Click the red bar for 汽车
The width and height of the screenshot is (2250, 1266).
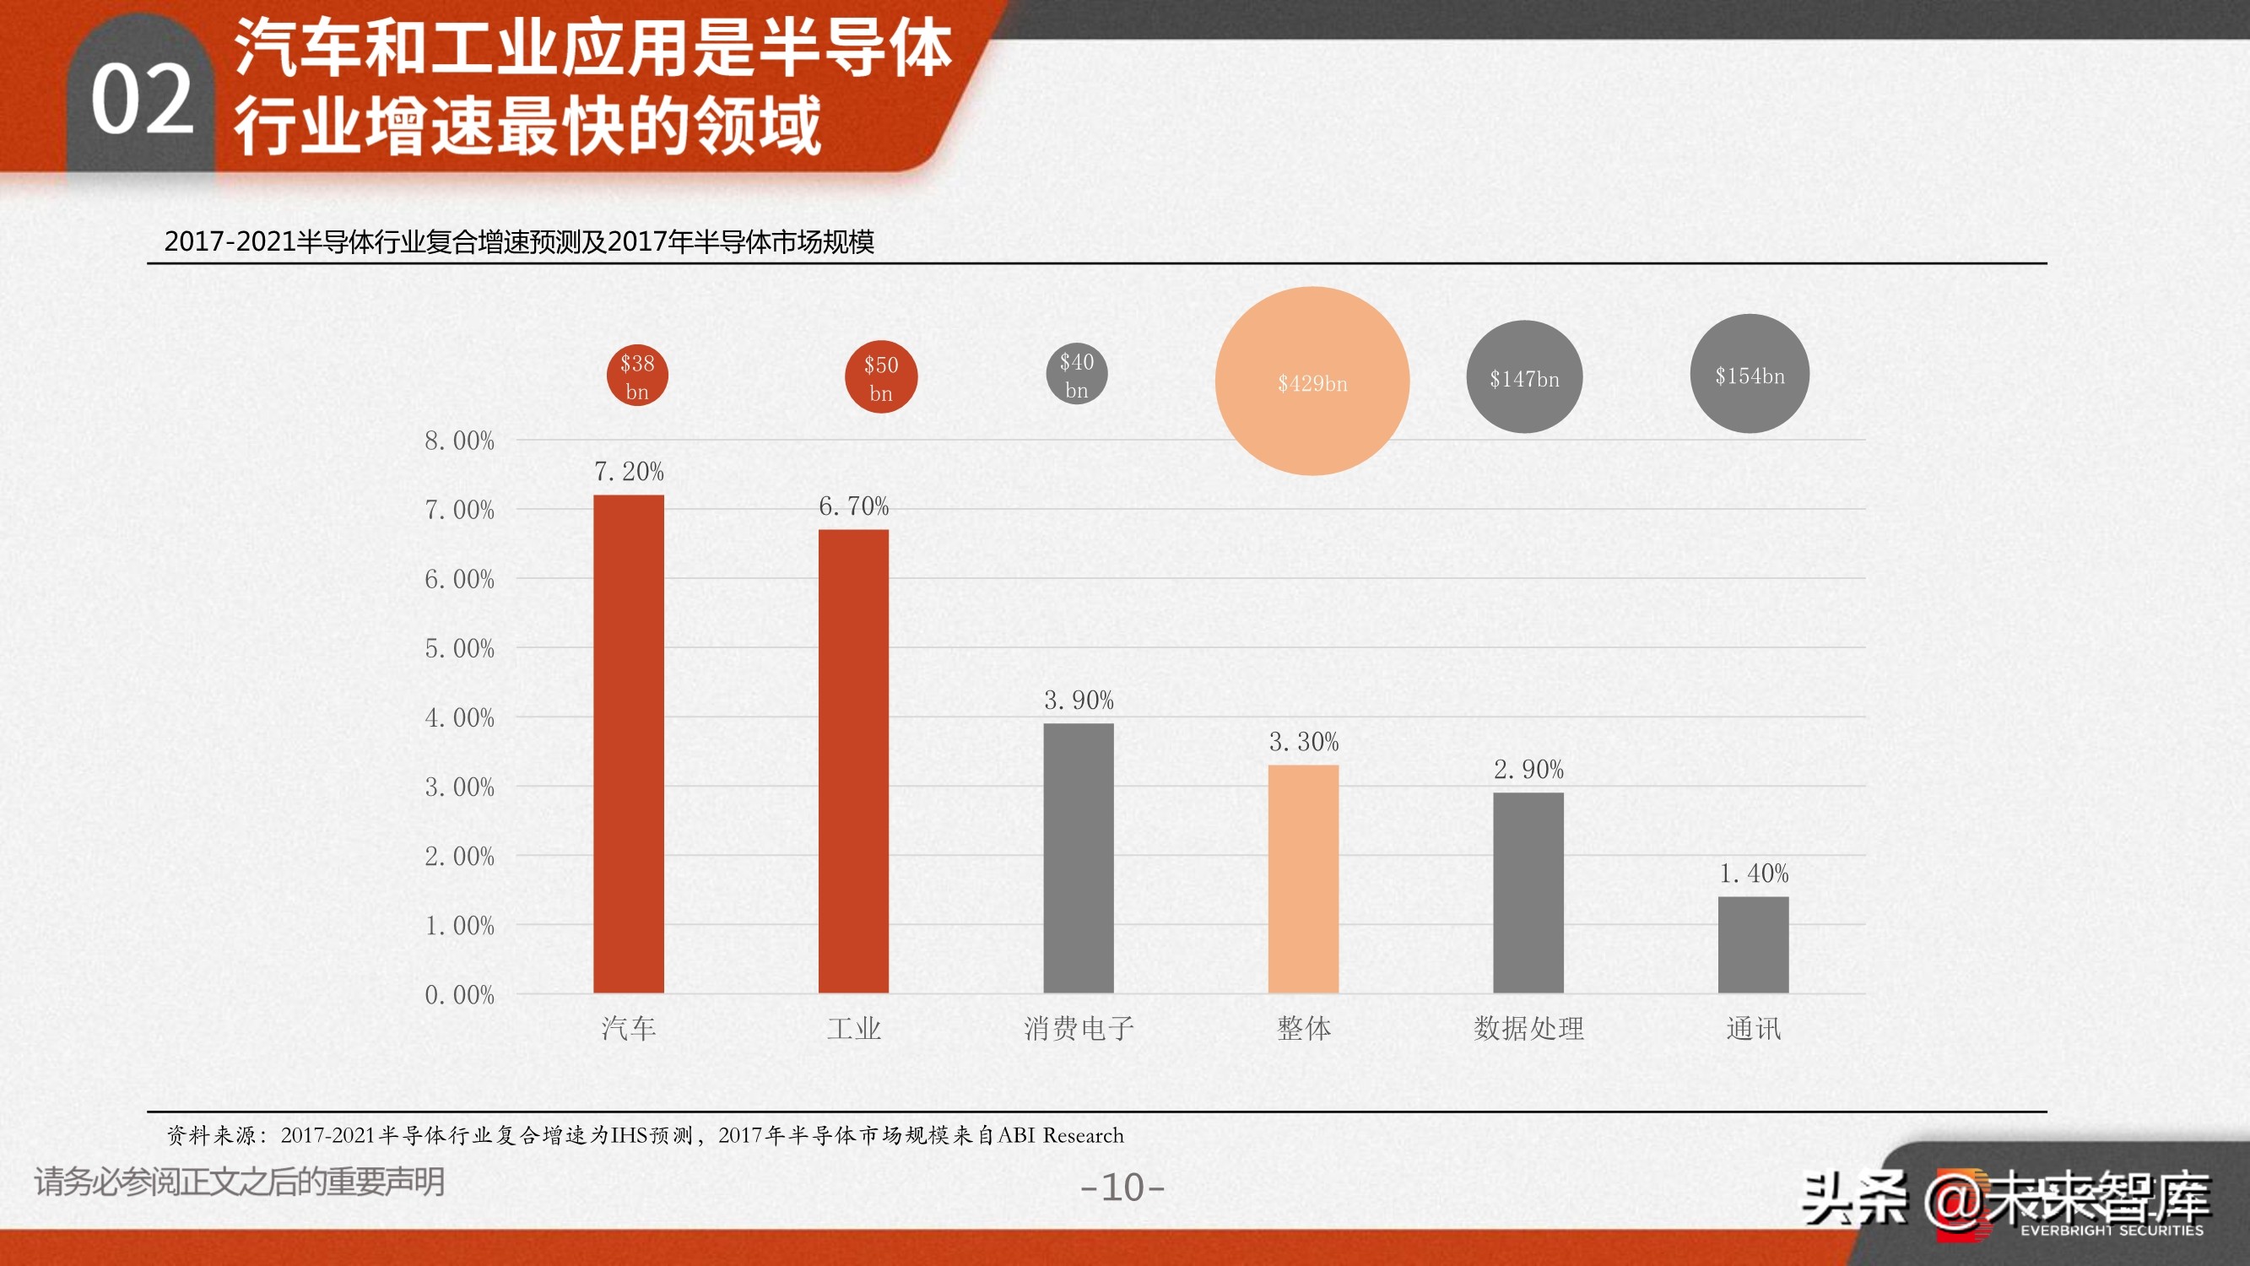coord(629,744)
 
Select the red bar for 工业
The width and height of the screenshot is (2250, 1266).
coord(853,761)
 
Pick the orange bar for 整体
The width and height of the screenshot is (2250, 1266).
coord(1303,879)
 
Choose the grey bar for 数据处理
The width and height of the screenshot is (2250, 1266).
coord(1528,892)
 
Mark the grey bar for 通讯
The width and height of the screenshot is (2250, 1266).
coord(1753,944)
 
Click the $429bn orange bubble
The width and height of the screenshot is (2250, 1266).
coord(1312,381)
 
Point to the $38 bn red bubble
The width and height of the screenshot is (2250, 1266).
coord(638,376)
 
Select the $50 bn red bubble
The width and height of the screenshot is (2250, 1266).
coord(881,377)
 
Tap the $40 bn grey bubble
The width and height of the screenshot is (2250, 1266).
coord(1077,375)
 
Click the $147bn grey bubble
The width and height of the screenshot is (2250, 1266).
coord(1524,377)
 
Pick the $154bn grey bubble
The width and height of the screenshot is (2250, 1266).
coord(1750,374)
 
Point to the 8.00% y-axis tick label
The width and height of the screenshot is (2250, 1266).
coord(459,441)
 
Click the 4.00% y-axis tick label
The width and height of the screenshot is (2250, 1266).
coord(459,717)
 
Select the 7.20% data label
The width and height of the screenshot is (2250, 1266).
coord(629,472)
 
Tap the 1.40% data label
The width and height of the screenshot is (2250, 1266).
coord(1754,873)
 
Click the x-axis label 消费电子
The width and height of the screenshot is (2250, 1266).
coord(1079,1028)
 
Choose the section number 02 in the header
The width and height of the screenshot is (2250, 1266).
coord(142,100)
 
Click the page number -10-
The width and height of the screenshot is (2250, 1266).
coord(1122,1188)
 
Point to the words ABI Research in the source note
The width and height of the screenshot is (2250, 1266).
coord(1060,1135)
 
